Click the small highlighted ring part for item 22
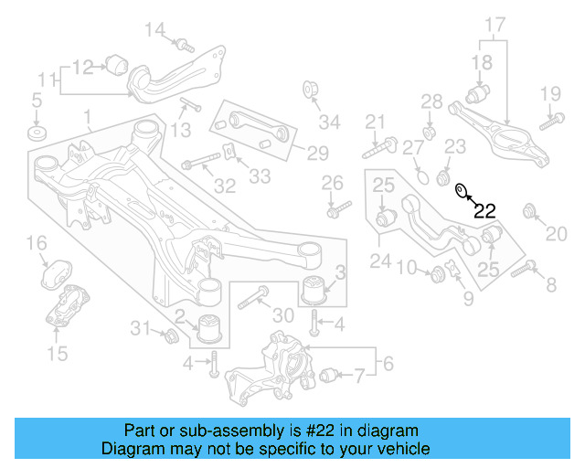pyautogui.click(x=463, y=191)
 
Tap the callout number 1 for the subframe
pyautogui.click(x=87, y=117)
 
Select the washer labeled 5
pyautogui.click(x=37, y=134)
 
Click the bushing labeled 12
pyautogui.click(x=117, y=64)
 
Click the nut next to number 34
pyautogui.click(x=309, y=90)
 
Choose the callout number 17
pyautogui.click(x=495, y=23)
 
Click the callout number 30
pyautogui.click(x=283, y=315)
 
